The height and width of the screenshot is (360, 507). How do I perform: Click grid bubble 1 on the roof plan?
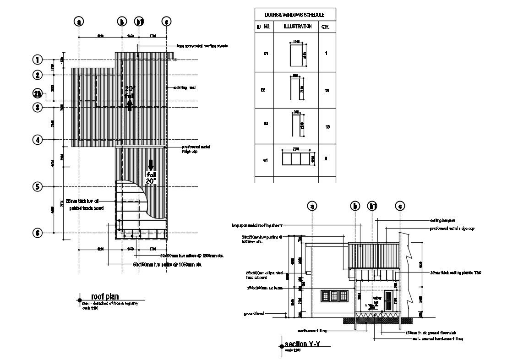click(x=38, y=60)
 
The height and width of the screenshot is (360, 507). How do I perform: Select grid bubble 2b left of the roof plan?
click(x=38, y=94)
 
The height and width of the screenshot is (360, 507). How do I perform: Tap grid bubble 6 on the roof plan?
click(x=38, y=233)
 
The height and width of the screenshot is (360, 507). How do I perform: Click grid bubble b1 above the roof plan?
click(x=139, y=22)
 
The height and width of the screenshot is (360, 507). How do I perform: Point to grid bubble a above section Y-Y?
click(x=313, y=206)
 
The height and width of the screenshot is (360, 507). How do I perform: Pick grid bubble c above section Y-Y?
click(x=400, y=206)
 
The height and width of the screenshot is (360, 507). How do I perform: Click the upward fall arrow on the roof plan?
click(x=130, y=105)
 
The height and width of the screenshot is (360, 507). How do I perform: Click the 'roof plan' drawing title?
click(x=105, y=297)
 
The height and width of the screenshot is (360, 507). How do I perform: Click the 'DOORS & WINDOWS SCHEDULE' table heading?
click(x=295, y=15)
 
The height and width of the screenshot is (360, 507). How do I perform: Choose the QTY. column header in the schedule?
click(x=326, y=27)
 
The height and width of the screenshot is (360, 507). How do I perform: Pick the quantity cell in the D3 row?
click(x=327, y=127)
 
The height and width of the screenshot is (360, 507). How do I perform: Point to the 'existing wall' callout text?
click(x=185, y=87)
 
